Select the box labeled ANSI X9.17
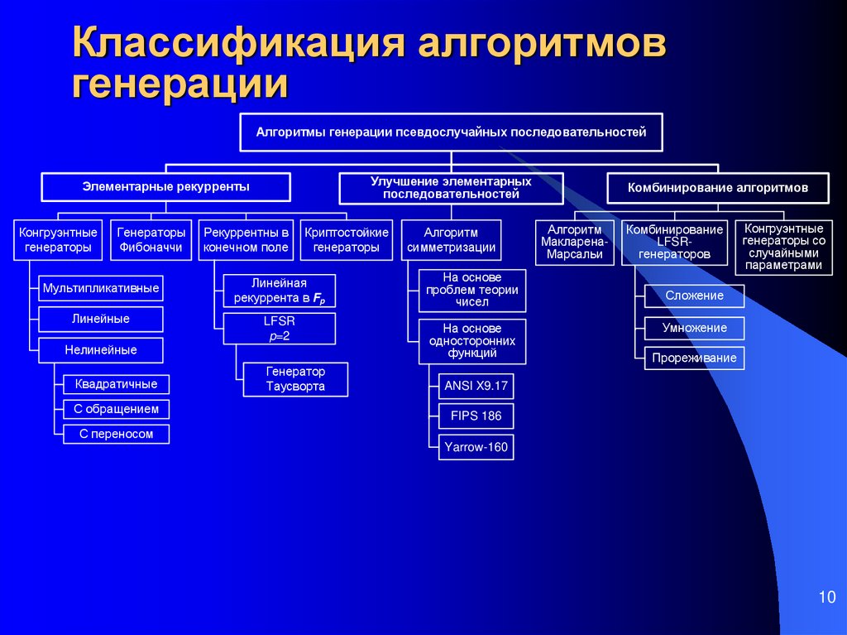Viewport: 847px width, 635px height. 476,385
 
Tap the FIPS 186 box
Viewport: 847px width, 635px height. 476,416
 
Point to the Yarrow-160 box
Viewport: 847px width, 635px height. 476,448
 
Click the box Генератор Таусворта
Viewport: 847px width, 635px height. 295,379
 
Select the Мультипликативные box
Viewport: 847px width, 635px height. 101,288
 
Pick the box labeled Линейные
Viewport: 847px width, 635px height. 101,319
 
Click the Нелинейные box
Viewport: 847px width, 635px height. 101,350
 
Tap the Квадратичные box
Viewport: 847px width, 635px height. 116,384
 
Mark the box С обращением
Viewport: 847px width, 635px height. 116,409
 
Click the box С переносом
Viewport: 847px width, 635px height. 116,434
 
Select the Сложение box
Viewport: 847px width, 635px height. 694,296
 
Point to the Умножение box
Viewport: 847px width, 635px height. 694,328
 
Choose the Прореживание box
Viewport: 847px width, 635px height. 694,358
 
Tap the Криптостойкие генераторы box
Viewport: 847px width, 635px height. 347,240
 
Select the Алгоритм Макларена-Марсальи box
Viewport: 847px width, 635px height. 575,242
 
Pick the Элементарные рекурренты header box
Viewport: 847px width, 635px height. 165,187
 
